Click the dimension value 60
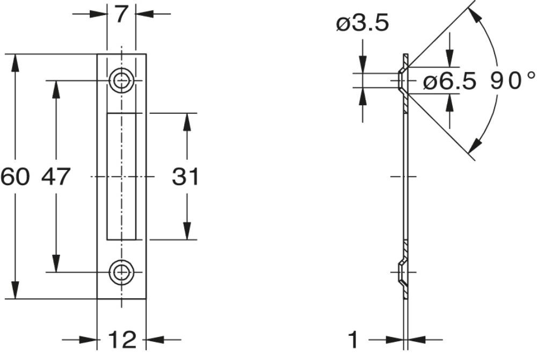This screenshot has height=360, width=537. click(14, 177)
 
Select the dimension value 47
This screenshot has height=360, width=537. click(56, 177)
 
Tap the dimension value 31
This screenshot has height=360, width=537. click(186, 177)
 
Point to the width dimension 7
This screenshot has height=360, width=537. click(121, 13)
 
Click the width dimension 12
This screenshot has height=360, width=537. click(121, 340)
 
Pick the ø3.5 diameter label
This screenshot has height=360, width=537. click(362, 24)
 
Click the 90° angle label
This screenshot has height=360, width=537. click(513, 82)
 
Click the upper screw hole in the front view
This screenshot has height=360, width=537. click(122, 80)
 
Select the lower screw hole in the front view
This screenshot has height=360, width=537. click(122, 272)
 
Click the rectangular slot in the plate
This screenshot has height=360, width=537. click(121, 177)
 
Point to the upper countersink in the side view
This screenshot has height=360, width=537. click(403, 80)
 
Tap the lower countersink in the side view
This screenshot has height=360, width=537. click(403, 272)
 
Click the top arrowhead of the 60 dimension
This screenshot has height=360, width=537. click(15, 61)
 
